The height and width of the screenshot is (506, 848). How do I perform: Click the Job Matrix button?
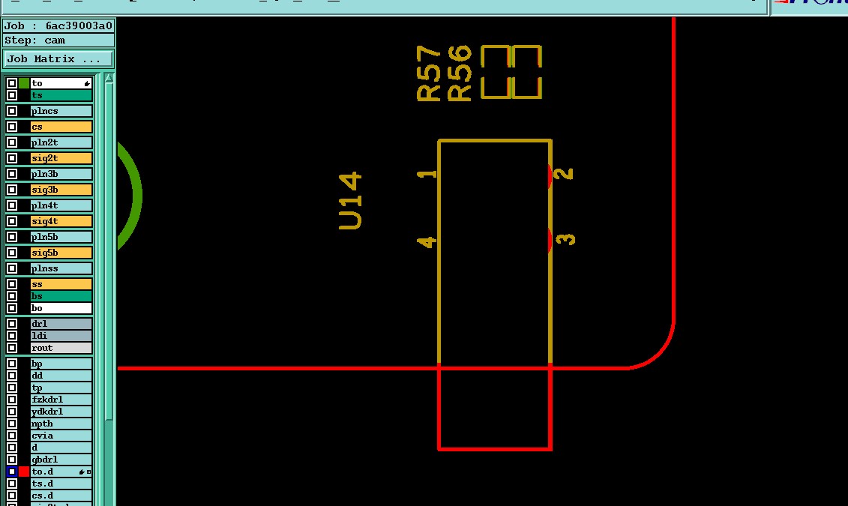[58, 58]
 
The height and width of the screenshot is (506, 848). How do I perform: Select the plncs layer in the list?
[61, 111]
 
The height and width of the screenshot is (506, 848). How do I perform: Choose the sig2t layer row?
[61, 158]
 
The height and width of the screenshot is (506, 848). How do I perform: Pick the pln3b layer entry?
[61, 174]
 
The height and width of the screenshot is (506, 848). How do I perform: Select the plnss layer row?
[61, 268]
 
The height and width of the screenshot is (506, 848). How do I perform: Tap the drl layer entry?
[61, 324]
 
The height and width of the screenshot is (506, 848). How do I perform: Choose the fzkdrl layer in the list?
[61, 400]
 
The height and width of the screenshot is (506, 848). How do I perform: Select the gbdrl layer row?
[61, 460]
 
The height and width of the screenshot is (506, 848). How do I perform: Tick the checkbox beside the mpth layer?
[12, 424]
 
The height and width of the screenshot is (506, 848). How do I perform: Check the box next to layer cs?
[12, 127]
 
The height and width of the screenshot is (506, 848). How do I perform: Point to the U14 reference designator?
[351, 201]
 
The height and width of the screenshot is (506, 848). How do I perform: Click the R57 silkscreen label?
[429, 73]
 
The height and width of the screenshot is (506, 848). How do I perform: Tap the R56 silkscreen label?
[459, 73]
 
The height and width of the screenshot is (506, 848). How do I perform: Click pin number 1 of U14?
[427, 174]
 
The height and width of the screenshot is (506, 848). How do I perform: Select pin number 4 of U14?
[427, 241]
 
